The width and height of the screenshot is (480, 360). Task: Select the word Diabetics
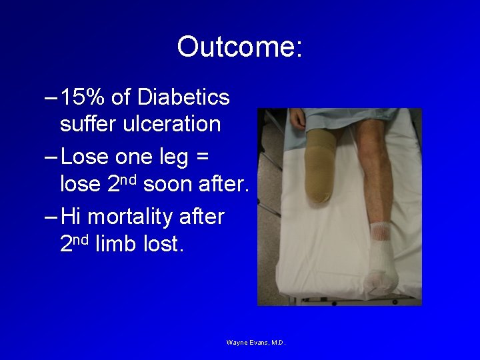pos(183,98)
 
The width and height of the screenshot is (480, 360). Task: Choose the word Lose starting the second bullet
pos(84,158)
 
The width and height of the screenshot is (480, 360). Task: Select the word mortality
pos(149,217)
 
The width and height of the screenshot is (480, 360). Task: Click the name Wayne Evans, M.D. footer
pos(256,343)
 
